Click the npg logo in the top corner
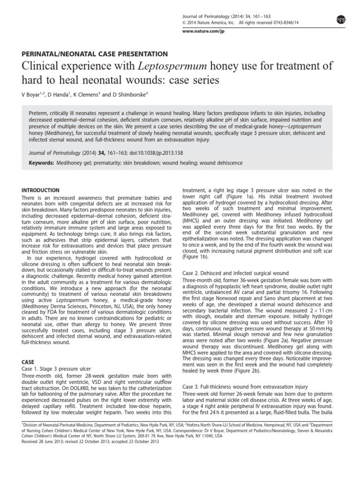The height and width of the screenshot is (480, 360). [x=341, y=18]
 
